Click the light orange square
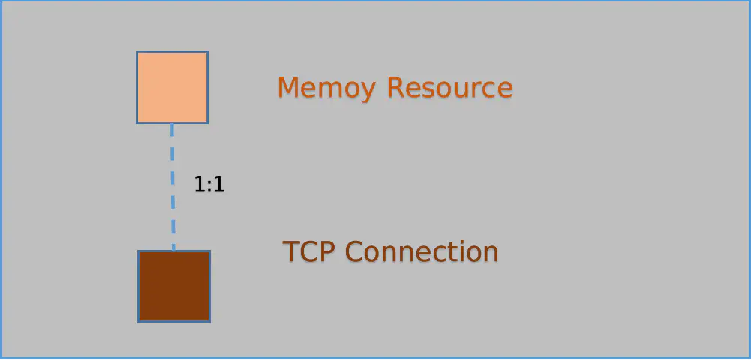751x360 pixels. click(172, 88)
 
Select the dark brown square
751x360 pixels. click(174, 286)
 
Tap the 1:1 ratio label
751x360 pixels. click(209, 184)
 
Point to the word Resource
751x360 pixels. click(449, 88)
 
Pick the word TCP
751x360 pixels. click(311, 250)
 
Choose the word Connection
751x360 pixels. click(422, 250)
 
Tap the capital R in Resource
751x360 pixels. click(395, 87)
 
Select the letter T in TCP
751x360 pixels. click(291, 250)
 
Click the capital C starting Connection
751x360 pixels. click(355, 250)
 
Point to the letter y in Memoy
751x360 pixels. click(366, 92)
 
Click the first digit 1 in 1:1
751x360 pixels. click(200, 184)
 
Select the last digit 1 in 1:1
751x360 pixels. click(219, 184)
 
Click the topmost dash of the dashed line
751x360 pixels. click(172, 130)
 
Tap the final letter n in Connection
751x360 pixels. click(491, 253)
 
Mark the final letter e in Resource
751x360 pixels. click(505, 90)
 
